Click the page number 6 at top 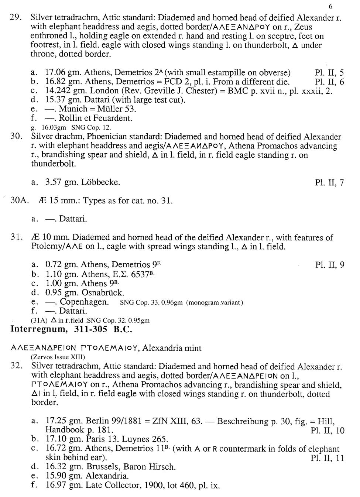(330, 6)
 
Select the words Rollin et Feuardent (95, 119)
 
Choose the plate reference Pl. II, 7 (329, 182)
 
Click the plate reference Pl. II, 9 (330, 265)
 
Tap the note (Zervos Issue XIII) (57, 357)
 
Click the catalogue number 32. (17, 366)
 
